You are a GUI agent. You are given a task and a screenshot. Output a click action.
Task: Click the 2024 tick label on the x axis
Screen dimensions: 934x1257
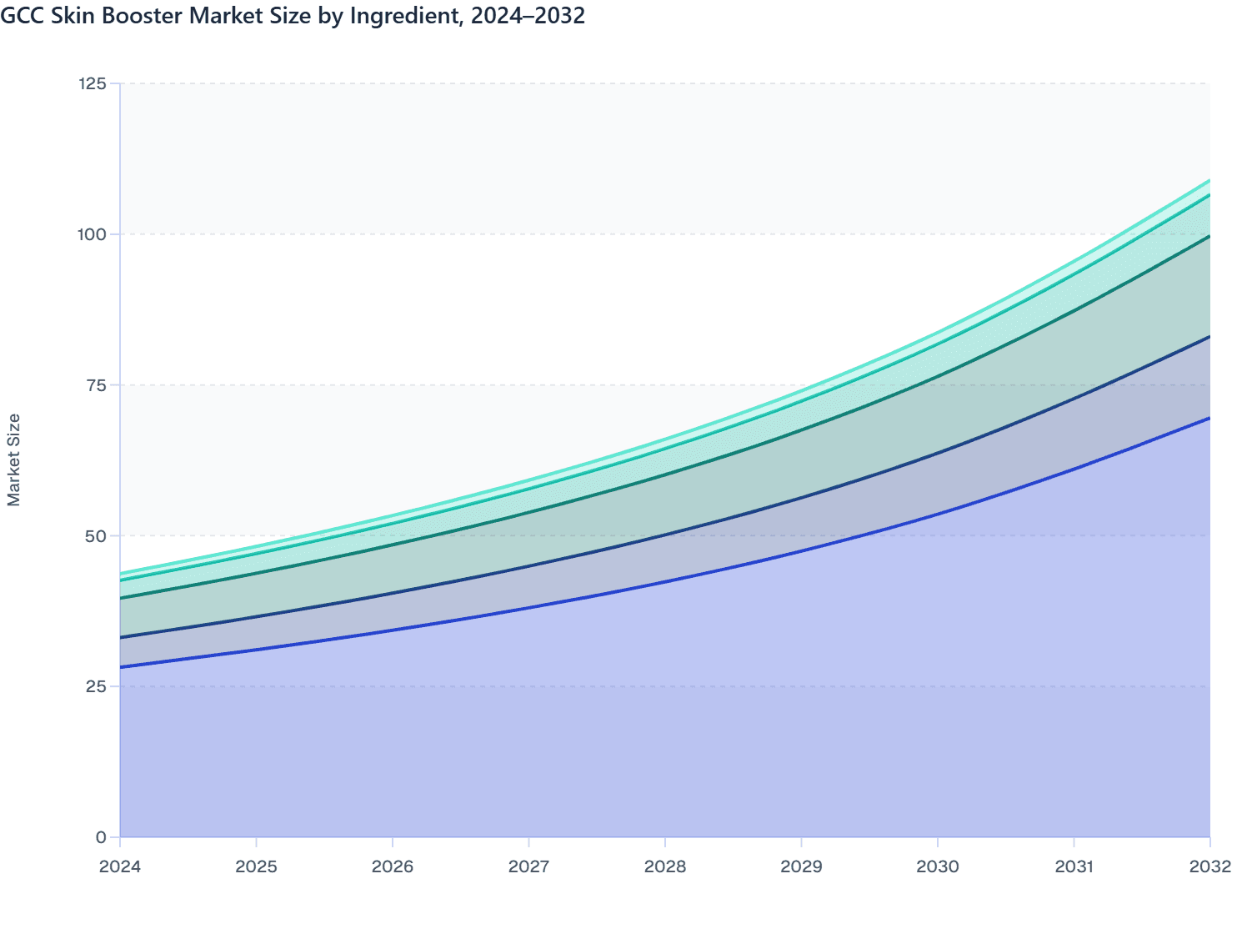pyautogui.click(x=120, y=866)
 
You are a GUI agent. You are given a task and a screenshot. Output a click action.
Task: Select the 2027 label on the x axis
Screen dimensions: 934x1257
pyautogui.click(x=528, y=866)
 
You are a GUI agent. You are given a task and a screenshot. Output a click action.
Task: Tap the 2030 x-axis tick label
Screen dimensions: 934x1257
pyautogui.click(x=938, y=866)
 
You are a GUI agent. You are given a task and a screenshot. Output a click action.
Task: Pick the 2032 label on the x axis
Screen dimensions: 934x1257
pyautogui.click(x=1209, y=866)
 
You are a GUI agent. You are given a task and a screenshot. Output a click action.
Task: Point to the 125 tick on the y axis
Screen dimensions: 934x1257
pyautogui.click(x=92, y=83)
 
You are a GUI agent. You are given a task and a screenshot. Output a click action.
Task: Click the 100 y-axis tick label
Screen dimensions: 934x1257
pyautogui.click(x=92, y=234)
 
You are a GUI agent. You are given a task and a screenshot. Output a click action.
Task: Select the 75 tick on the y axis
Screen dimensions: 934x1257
pyautogui.click(x=96, y=385)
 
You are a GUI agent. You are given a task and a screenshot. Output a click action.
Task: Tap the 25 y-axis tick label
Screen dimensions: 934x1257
pyautogui.click(x=96, y=686)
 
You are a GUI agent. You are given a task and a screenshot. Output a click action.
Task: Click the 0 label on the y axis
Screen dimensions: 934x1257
pyautogui.click(x=101, y=837)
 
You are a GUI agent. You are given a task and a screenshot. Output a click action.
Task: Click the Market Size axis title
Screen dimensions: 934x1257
pyautogui.click(x=14, y=459)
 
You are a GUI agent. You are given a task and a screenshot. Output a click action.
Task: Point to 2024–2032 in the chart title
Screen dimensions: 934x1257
pyautogui.click(x=528, y=16)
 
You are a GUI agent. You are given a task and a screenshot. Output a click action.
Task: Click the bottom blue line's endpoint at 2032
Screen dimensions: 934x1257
pyautogui.click(x=1209, y=418)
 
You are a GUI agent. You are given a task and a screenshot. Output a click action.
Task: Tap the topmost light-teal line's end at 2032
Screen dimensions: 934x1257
pyautogui.click(x=1209, y=180)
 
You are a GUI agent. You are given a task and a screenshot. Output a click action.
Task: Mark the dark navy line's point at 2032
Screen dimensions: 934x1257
pyautogui.click(x=1209, y=337)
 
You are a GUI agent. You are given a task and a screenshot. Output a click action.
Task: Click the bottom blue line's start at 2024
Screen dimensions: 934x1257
pyautogui.click(x=120, y=667)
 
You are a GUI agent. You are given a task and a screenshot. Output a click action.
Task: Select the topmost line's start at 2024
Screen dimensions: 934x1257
pyautogui.click(x=120, y=574)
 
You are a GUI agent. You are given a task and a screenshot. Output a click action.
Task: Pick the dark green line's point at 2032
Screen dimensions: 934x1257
pyautogui.click(x=1209, y=237)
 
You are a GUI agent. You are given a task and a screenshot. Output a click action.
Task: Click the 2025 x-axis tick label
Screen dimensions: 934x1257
pyautogui.click(x=256, y=866)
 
